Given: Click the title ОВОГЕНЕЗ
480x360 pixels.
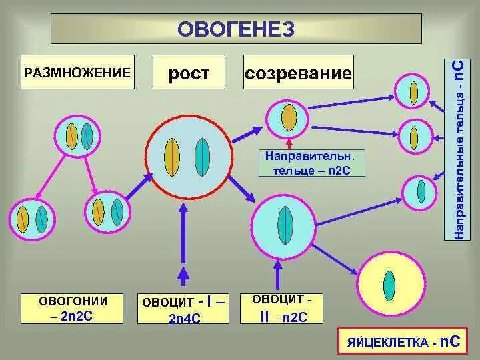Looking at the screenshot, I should tap(236, 29).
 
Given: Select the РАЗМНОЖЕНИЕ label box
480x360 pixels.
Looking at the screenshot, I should tap(77, 72).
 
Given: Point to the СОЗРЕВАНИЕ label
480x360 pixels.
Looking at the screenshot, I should tap(298, 73).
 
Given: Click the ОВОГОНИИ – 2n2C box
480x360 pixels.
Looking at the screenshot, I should tap(73, 309).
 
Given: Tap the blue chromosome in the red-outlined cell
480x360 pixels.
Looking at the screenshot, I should tap(202, 157).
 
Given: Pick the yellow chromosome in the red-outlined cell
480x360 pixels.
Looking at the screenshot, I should tap(171, 157).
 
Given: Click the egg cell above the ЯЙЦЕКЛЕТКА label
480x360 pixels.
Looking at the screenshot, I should tap(391, 285).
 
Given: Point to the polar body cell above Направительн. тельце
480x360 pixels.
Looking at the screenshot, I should tap(289, 117).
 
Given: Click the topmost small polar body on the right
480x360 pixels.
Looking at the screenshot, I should tap(413, 92).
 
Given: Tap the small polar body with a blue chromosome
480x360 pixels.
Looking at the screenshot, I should tap(421, 191).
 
